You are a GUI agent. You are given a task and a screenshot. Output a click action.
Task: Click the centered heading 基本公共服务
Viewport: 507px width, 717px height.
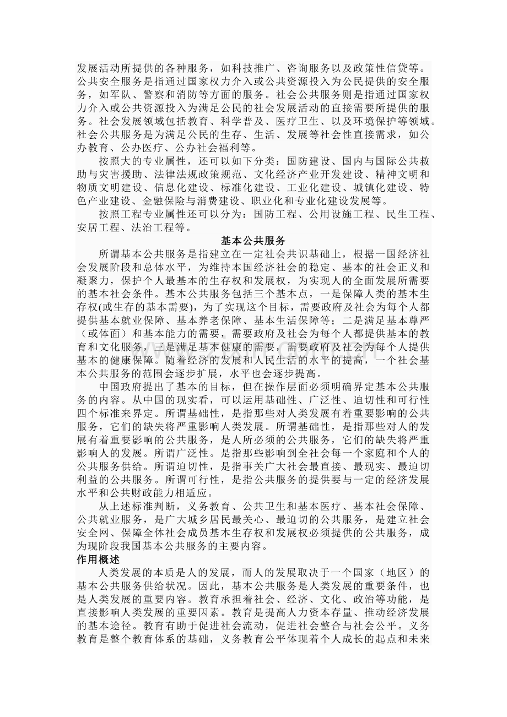point(253,241)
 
